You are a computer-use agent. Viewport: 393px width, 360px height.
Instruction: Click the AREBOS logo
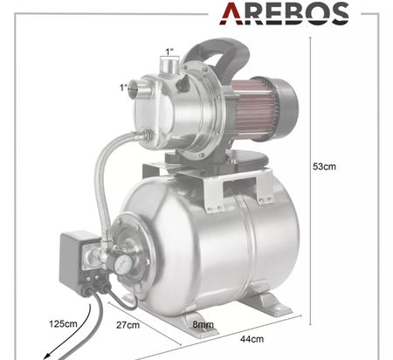284,13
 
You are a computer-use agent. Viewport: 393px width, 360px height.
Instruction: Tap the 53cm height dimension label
324,167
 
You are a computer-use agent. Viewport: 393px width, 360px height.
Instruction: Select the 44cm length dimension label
252,339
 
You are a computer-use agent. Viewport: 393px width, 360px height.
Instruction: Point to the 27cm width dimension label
128,325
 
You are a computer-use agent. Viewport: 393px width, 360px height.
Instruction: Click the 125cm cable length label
63,323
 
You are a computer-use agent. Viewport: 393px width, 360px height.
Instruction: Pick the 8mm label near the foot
203,324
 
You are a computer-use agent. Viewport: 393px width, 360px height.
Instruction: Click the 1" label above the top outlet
169,52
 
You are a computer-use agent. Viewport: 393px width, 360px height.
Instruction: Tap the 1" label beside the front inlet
123,87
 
